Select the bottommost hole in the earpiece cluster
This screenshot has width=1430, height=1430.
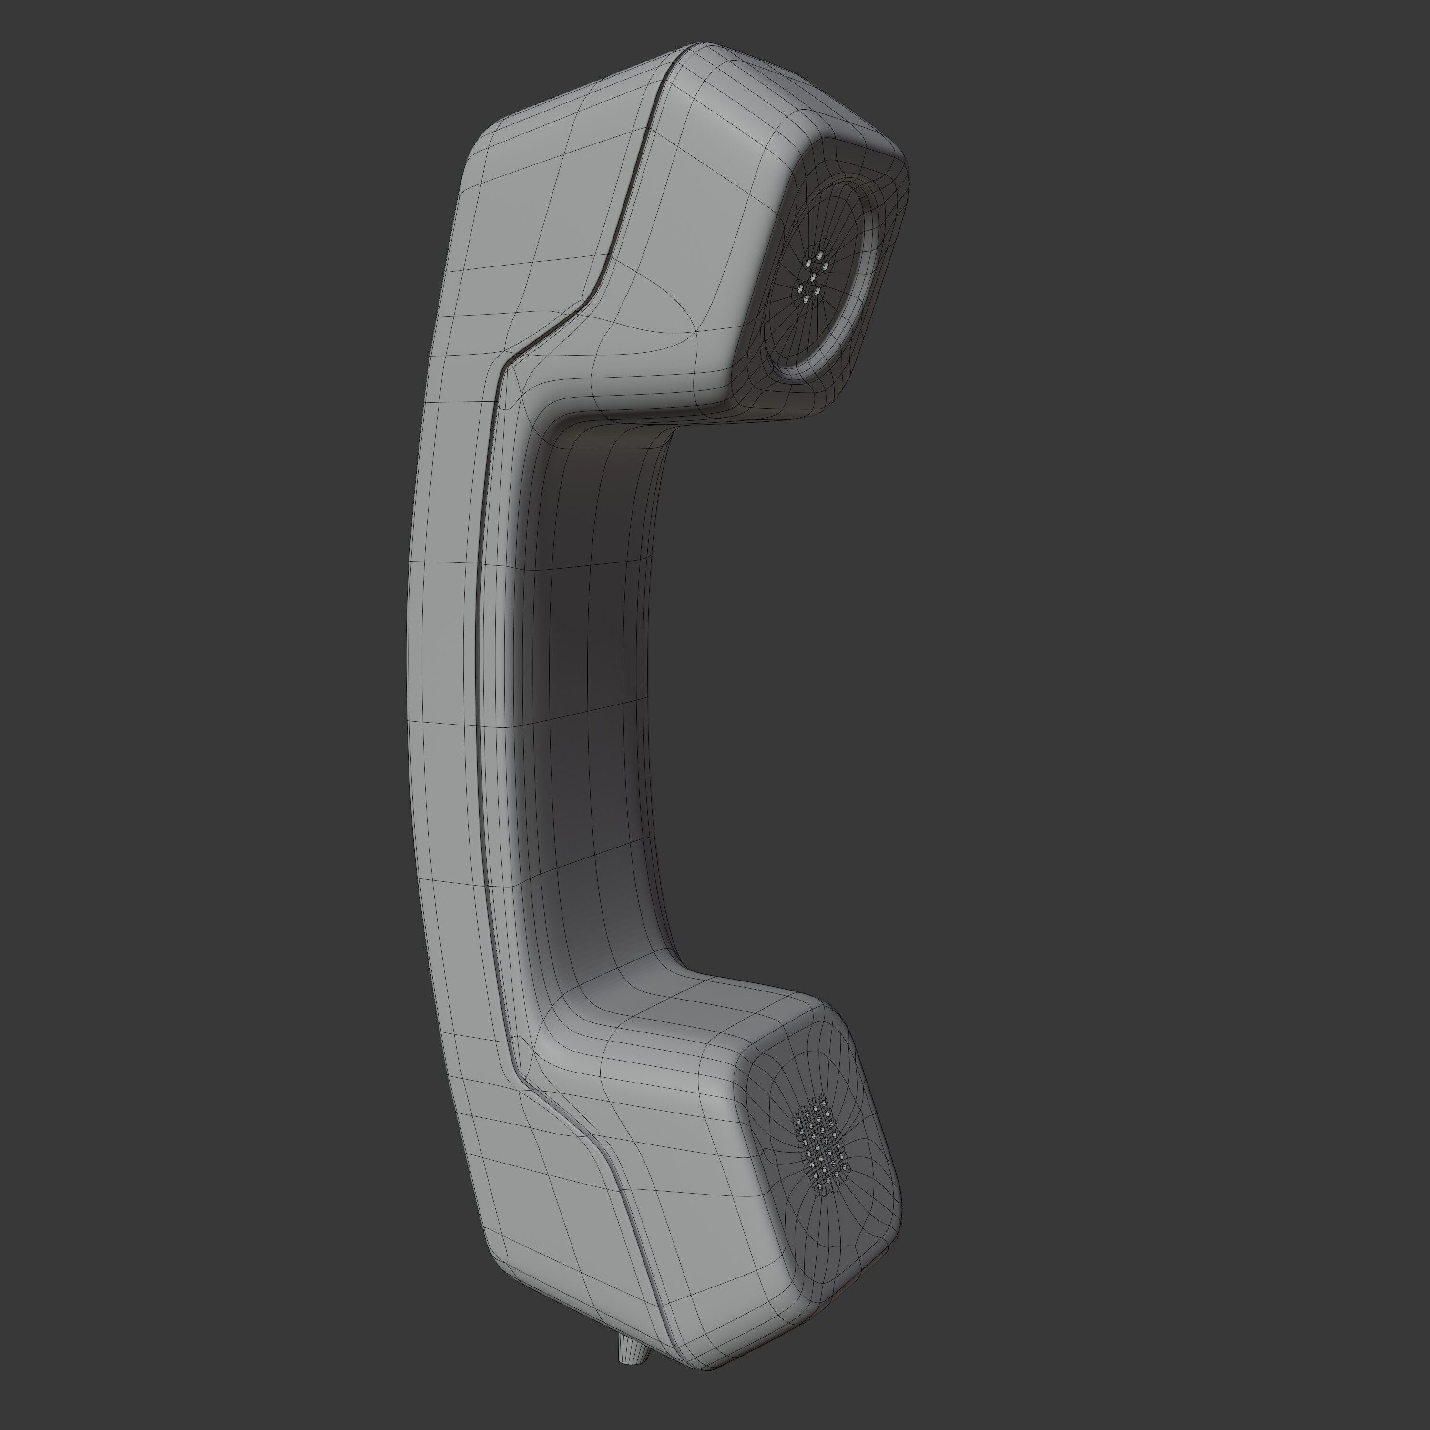click(x=805, y=300)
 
